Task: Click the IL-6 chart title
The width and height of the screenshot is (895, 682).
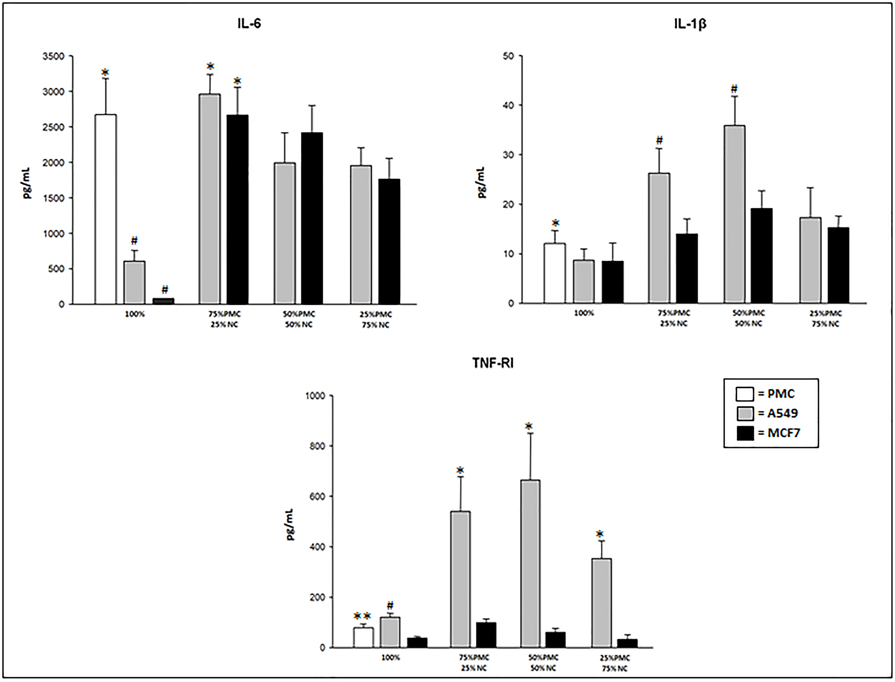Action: pos(249,24)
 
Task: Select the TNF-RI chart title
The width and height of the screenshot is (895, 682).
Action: pos(493,363)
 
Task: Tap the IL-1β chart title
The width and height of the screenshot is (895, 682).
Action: pos(690,24)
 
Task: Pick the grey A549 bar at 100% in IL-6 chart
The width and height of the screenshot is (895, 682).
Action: pos(134,283)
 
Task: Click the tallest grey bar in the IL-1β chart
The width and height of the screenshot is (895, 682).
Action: pos(734,214)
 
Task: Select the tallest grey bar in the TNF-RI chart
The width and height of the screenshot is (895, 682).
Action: pos(530,564)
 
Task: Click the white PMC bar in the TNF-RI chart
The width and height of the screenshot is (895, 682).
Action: pos(363,637)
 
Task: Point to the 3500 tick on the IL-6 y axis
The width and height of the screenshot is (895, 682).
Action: pos(54,56)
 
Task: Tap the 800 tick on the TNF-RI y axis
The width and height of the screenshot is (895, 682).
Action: pos(315,446)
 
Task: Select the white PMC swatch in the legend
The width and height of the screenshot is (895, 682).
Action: pos(745,394)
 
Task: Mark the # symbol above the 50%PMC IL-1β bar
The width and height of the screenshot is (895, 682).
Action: pos(734,89)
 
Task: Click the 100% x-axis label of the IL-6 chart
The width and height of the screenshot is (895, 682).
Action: pos(135,315)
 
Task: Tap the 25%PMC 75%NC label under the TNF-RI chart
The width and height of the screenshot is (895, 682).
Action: pos(615,663)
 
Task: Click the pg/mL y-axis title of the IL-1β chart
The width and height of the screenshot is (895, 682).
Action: pos(482,183)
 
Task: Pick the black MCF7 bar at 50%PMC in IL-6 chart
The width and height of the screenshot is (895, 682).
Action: pos(312,218)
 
